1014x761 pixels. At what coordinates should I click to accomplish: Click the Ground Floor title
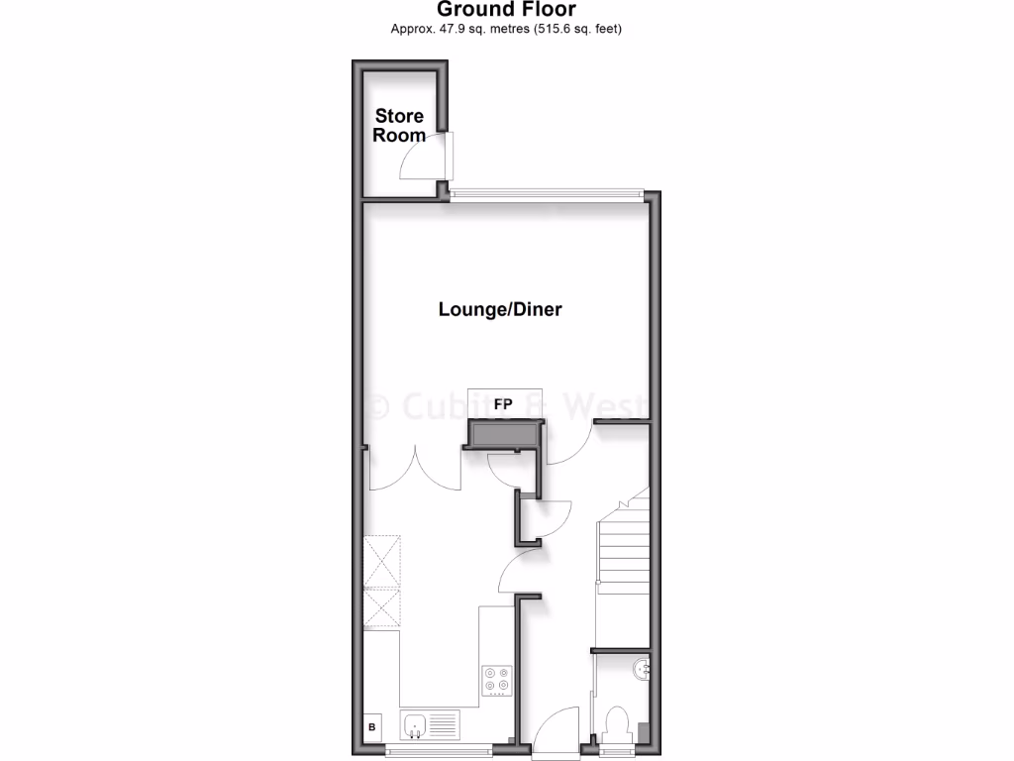click(x=506, y=10)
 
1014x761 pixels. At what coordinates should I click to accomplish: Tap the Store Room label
click(x=399, y=126)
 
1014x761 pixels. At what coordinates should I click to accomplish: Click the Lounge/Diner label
click(x=500, y=309)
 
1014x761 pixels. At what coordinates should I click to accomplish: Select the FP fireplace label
click(x=503, y=404)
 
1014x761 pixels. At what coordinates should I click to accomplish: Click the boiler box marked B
click(x=372, y=728)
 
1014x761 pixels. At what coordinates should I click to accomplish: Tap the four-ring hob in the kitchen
click(x=497, y=679)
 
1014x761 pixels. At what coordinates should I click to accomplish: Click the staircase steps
click(x=622, y=555)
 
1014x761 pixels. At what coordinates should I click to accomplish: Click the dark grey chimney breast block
click(x=505, y=434)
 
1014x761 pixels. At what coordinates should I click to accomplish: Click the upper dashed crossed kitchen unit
click(x=382, y=561)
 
